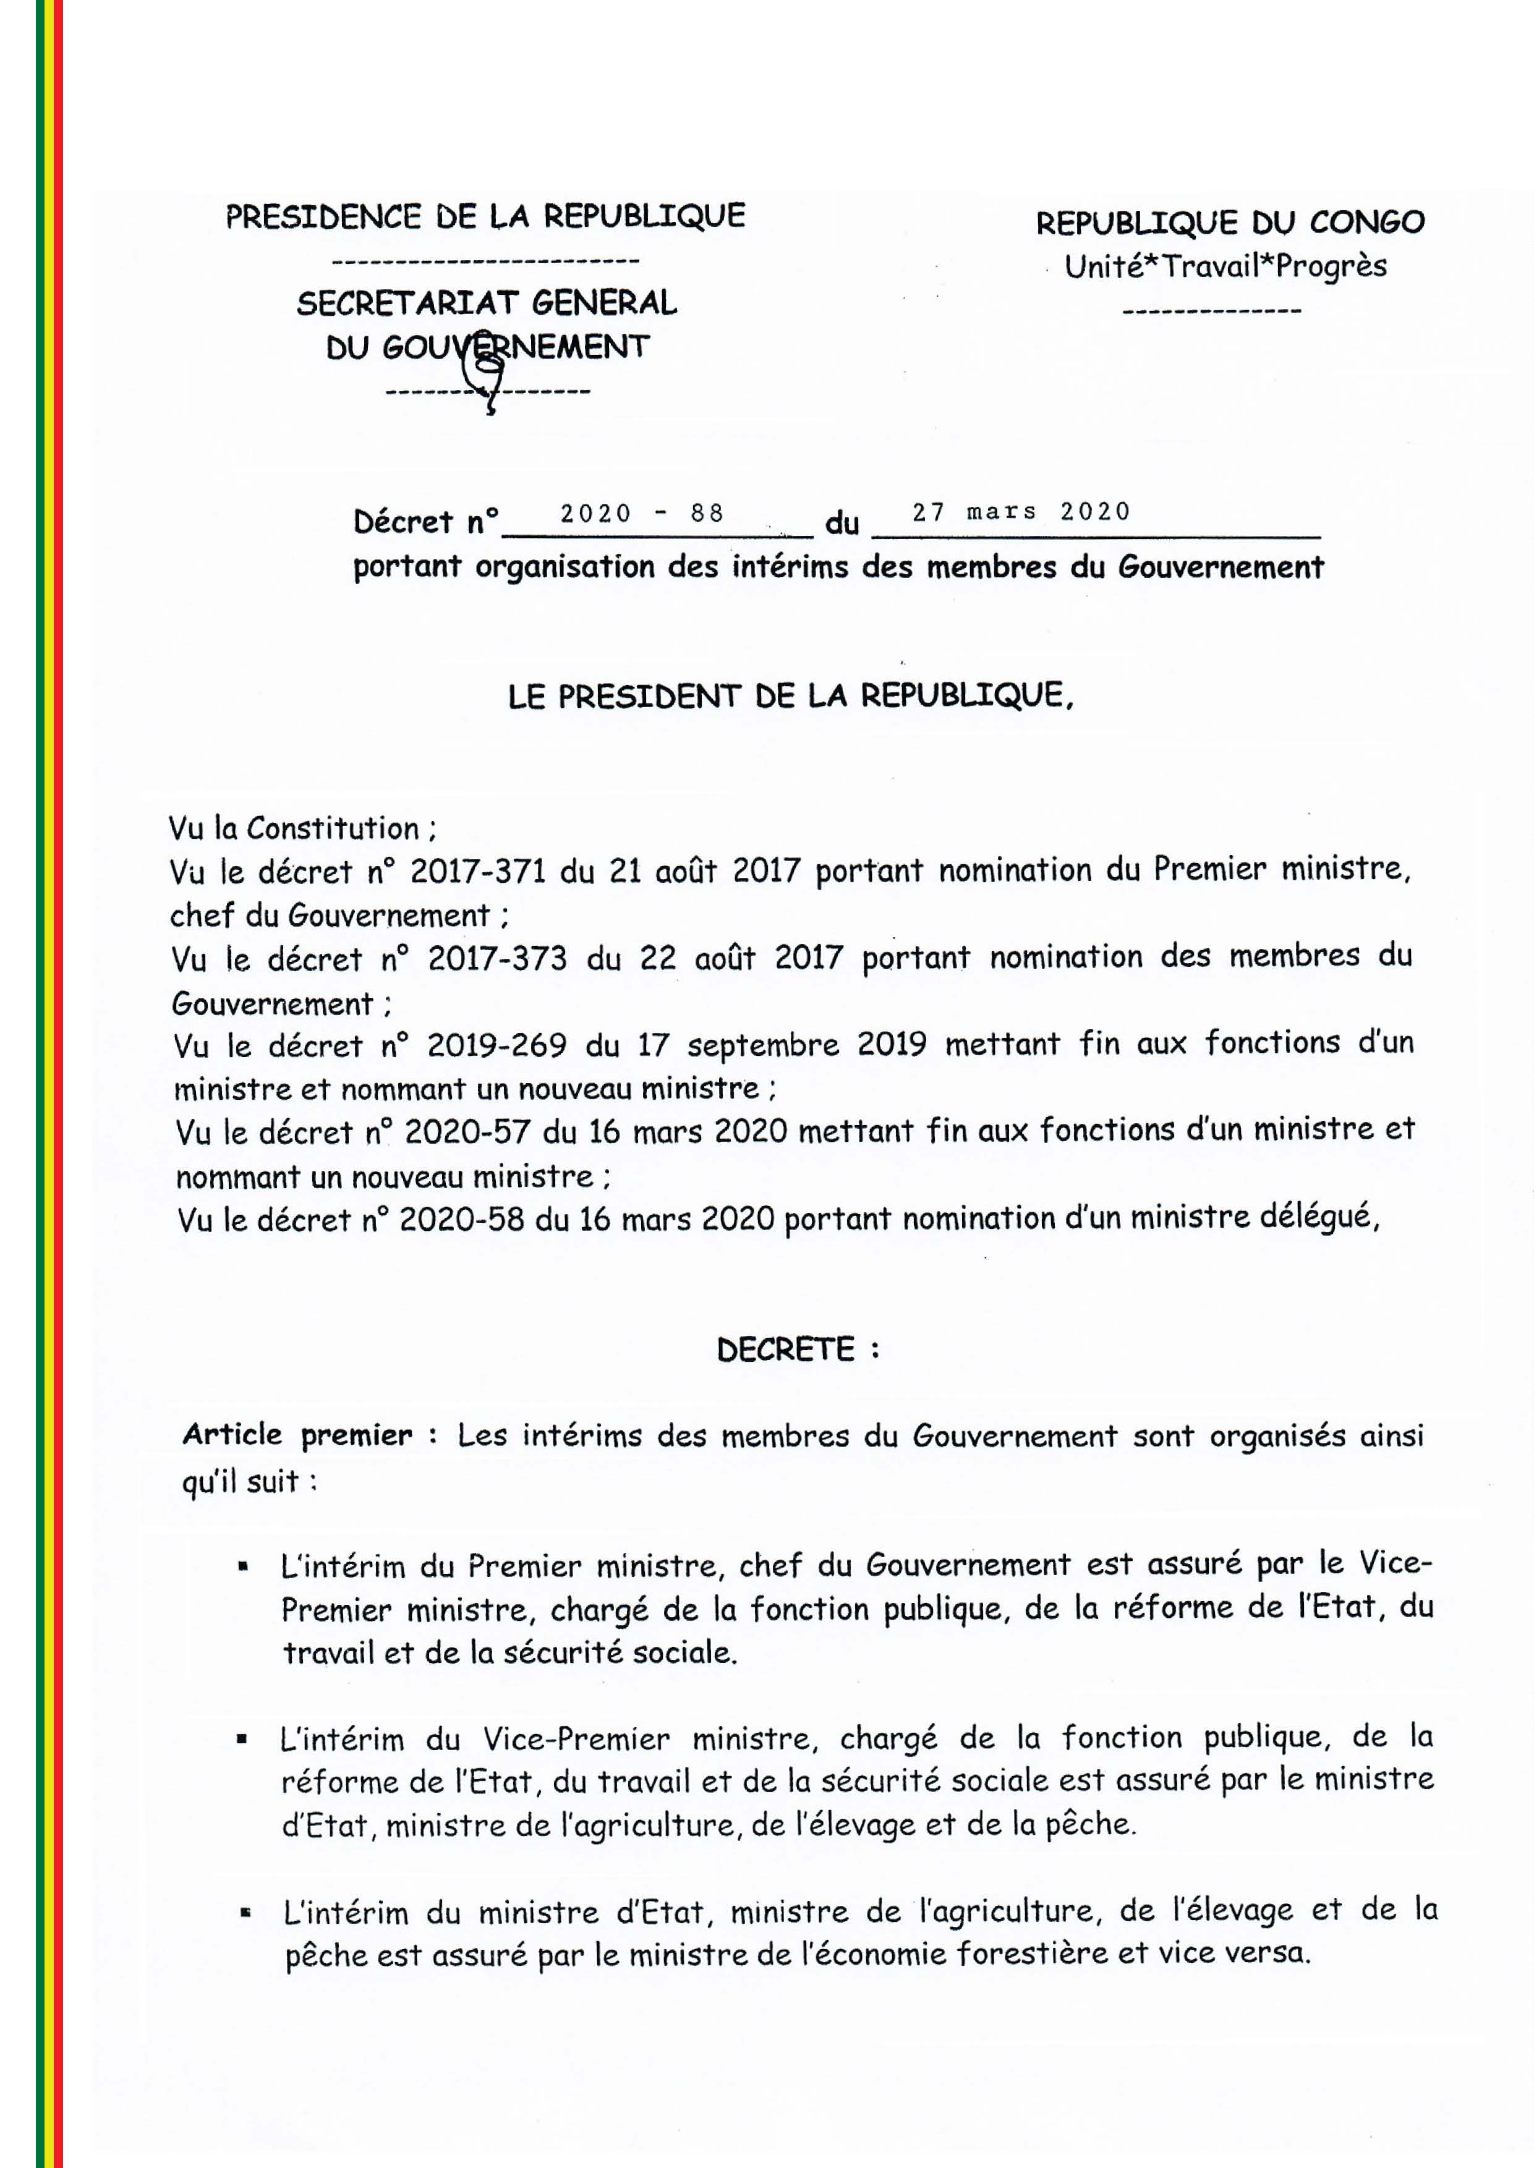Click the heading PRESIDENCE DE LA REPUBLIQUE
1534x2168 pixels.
click(x=485, y=216)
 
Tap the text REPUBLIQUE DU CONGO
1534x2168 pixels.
click(x=1230, y=223)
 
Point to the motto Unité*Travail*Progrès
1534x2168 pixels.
click(x=1225, y=266)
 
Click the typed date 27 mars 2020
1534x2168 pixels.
click(x=1020, y=512)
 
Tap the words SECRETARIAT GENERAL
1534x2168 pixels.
click(x=487, y=303)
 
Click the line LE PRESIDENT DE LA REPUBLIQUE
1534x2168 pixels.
click(x=791, y=696)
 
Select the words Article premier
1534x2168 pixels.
click(x=297, y=1435)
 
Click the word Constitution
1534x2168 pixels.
click(x=333, y=828)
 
